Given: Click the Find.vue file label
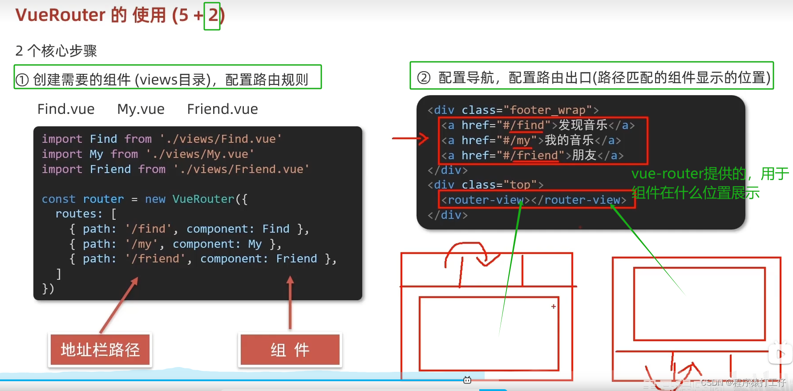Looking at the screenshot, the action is [x=66, y=109].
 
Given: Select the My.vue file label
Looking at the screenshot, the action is [x=141, y=109].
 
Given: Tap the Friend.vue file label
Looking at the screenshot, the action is [x=222, y=109].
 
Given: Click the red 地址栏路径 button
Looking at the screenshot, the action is [x=100, y=350].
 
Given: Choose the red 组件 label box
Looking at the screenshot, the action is [x=290, y=350].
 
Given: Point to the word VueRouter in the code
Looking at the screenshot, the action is [x=203, y=199].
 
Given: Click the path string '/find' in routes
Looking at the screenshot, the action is [x=148, y=229].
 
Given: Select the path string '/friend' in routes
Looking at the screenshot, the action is [x=155, y=258].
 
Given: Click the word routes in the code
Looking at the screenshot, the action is [x=76, y=214].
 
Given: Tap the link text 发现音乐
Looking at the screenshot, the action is [x=583, y=125].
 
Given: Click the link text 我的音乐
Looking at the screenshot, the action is [x=569, y=140].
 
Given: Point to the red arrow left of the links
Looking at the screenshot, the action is [x=410, y=139].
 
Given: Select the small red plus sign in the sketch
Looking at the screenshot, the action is [x=554, y=306].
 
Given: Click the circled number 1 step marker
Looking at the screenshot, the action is [x=22, y=80].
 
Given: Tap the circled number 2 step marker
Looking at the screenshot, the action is [x=424, y=78].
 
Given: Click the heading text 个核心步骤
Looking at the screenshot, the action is [x=62, y=51].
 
